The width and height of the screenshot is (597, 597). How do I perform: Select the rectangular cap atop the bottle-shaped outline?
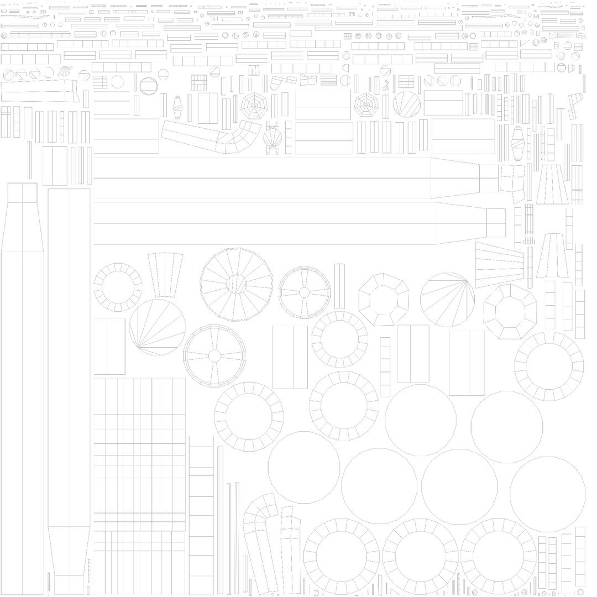pos(22,192)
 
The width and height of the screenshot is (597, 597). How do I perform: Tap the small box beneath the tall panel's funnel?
pos(69,584)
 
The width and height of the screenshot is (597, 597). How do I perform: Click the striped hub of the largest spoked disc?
pos(237,284)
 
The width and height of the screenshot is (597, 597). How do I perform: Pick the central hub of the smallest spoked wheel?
pos(304,292)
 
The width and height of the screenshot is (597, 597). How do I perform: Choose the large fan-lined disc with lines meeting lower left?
pos(158,327)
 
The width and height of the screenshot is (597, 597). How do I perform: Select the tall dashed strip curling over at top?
pos(260,542)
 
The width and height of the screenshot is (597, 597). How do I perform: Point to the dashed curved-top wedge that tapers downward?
pos(165,274)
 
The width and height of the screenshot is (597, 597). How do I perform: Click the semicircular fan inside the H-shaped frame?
pos(273,138)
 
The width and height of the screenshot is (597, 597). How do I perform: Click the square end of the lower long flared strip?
pos(496,223)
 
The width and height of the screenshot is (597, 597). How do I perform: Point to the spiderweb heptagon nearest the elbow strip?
pos(254,106)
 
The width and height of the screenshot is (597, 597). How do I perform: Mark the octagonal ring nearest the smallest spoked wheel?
pos(384,298)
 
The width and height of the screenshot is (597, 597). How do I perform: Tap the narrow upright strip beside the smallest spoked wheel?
pos(339,286)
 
